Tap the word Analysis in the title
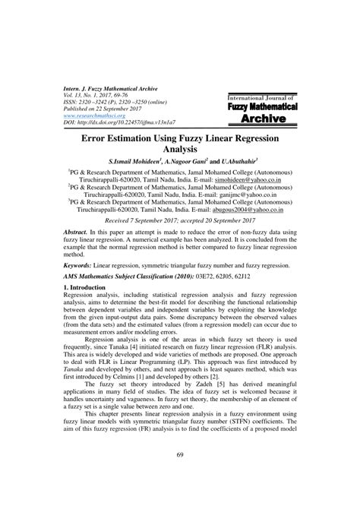(180, 152)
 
